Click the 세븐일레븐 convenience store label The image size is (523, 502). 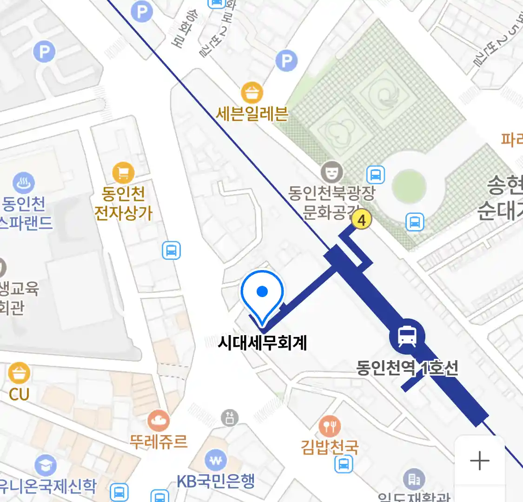252,114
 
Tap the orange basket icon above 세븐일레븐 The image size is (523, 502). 252,92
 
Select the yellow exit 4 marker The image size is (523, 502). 361,219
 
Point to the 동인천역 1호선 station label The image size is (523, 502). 407,368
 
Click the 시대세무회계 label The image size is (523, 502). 262,343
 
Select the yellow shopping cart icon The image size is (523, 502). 123,173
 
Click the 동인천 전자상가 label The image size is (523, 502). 123,203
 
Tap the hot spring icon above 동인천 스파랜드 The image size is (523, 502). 23,184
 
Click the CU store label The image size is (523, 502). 19,394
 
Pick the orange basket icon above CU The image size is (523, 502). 19,373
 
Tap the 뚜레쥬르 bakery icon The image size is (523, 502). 159,421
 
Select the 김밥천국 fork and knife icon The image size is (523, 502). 330,426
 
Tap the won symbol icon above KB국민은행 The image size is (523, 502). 216,461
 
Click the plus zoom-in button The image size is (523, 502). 480,461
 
